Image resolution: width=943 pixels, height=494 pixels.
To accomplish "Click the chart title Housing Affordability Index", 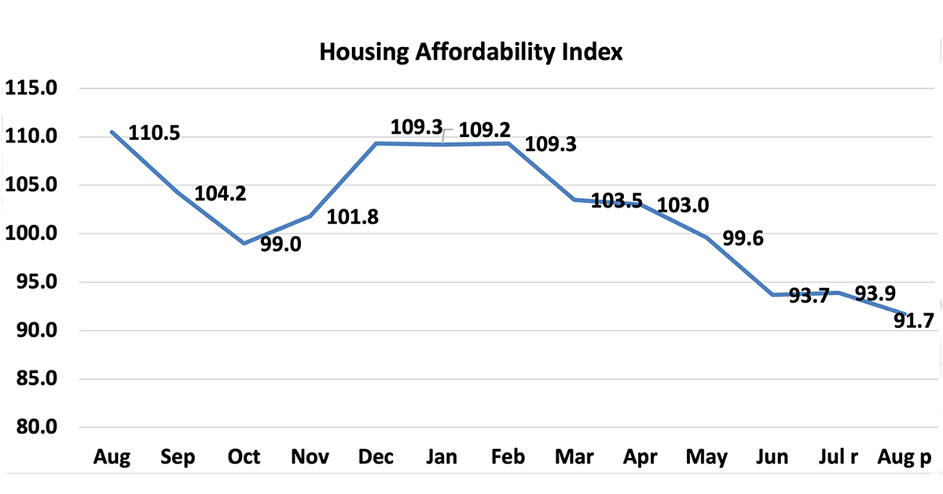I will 471,53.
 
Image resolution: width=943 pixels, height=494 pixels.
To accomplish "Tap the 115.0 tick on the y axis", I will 31,88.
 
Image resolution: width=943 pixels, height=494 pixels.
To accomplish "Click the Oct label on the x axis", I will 244,457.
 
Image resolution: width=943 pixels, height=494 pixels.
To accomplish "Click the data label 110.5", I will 154,134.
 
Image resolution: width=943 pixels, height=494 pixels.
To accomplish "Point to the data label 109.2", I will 485,127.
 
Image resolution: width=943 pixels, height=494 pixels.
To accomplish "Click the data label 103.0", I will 683,206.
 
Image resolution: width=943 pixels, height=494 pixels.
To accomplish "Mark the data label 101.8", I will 352,217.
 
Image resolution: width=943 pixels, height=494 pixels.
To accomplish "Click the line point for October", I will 244,243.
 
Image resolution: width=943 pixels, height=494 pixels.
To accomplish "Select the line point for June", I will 773,295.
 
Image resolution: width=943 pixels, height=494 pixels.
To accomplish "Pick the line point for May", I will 706,238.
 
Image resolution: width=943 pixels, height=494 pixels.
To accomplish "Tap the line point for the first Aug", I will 112,131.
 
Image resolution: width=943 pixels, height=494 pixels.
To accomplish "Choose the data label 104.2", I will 220,194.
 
